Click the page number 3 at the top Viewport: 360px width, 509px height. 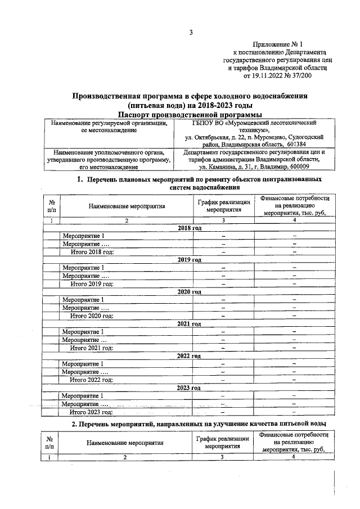click(x=191, y=32)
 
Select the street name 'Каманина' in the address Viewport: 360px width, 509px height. click(x=227, y=167)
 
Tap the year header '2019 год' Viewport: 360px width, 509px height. click(x=189, y=260)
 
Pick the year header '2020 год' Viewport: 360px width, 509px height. click(x=189, y=292)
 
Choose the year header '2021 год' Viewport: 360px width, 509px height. click(x=189, y=324)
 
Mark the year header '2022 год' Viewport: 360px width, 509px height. click(x=189, y=356)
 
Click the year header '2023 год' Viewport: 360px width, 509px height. click(x=189, y=388)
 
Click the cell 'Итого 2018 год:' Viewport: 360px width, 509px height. click(x=92, y=252)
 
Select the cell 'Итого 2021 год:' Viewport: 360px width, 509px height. click(x=92, y=348)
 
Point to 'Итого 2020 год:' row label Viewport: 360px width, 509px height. click(x=92, y=316)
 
